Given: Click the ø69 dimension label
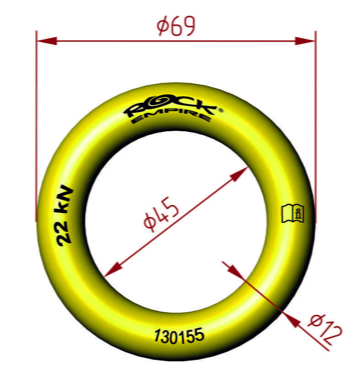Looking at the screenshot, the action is pyautogui.click(x=176, y=26).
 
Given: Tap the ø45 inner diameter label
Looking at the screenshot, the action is pyautogui.click(x=162, y=214).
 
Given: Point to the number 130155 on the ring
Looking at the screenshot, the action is pyautogui.click(x=179, y=336).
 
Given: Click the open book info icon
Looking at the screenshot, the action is pyautogui.click(x=293, y=213).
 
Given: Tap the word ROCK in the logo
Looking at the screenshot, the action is pyautogui.click(x=170, y=107).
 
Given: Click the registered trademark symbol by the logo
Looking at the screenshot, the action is pyautogui.click(x=220, y=110).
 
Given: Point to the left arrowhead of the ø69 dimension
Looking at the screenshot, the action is pyautogui.click(x=47, y=41).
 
